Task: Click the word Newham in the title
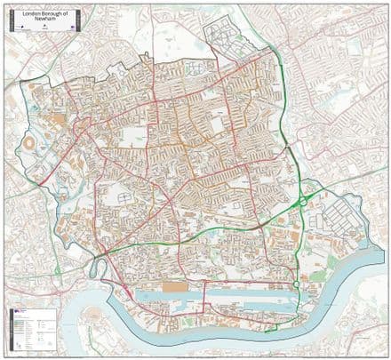pos(44,21)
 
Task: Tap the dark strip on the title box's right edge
pos(79,20)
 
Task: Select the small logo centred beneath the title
pos(44,29)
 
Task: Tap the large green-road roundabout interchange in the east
pos(303,201)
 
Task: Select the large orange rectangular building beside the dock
pos(177,287)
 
